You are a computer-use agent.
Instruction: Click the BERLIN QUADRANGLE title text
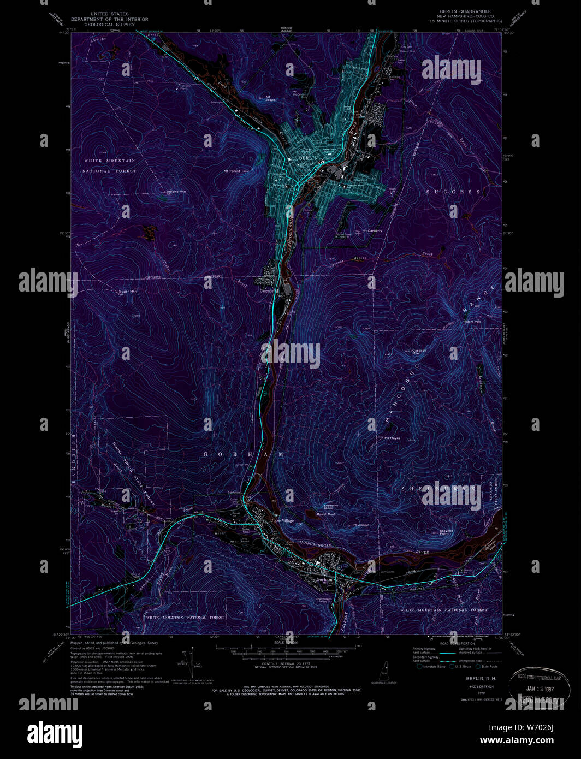pyautogui.click(x=465, y=11)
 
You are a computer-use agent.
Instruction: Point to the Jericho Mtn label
pyautogui.click(x=176, y=192)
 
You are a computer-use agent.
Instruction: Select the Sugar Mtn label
pyautogui.click(x=128, y=292)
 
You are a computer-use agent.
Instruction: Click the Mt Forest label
pyautogui.click(x=232, y=171)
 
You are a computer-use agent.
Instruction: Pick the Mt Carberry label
pyautogui.click(x=372, y=230)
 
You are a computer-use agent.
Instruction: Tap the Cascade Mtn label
pyautogui.click(x=419, y=351)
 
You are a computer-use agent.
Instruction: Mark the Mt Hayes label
pyautogui.click(x=393, y=438)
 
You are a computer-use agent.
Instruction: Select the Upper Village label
pyautogui.click(x=282, y=520)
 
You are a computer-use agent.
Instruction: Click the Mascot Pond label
pyautogui.click(x=325, y=514)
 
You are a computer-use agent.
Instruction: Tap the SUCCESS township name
pyautogui.click(x=453, y=192)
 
